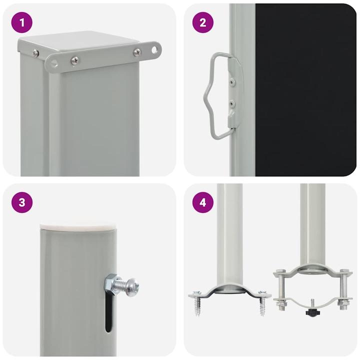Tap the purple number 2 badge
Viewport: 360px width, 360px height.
(x=202, y=22)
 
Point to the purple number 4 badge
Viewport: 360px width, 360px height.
(x=202, y=202)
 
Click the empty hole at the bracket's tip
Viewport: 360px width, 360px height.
(x=155, y=49)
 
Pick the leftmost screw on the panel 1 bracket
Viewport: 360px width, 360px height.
(x=36, y=53)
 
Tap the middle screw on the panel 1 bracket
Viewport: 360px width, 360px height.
(x=74, y=60)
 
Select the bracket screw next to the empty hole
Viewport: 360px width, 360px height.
(x=137, y=52)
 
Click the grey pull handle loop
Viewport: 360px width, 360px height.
(x=212, y=95)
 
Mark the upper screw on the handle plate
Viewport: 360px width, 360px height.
(x=231, y=78)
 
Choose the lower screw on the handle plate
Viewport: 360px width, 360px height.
(x=231, y=103)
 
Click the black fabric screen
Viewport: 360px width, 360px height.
(x=305, y=90)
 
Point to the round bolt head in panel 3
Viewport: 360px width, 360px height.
(x=132, y=287)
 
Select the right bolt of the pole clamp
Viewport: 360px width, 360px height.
(x=344, y=290)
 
